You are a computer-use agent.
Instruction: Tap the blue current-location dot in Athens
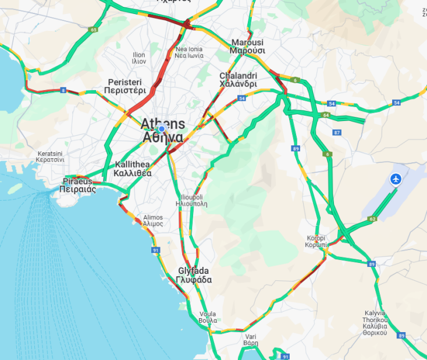(162, 129)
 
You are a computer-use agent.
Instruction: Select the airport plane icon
(397, 179)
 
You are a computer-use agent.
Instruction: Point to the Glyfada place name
(194, 275)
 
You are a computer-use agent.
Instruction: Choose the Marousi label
(247, 47)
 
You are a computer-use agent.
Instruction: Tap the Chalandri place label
(238, 80)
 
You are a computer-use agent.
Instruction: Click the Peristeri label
(124, 86)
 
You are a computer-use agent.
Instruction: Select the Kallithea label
(133, 169)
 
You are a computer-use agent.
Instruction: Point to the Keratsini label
(53, 156)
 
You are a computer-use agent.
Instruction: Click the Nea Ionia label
(189, 53)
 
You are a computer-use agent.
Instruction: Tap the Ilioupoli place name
(191, 201)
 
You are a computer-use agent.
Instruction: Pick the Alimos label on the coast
(153, 220)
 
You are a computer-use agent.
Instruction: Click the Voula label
(208, 317)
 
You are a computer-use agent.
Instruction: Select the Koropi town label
(316, 241)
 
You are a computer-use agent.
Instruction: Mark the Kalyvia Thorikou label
(375, 322)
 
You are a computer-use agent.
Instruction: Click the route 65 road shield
(93, 29)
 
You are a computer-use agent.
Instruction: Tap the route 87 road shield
(337, 133)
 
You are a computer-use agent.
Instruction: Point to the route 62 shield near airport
(372, 219)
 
